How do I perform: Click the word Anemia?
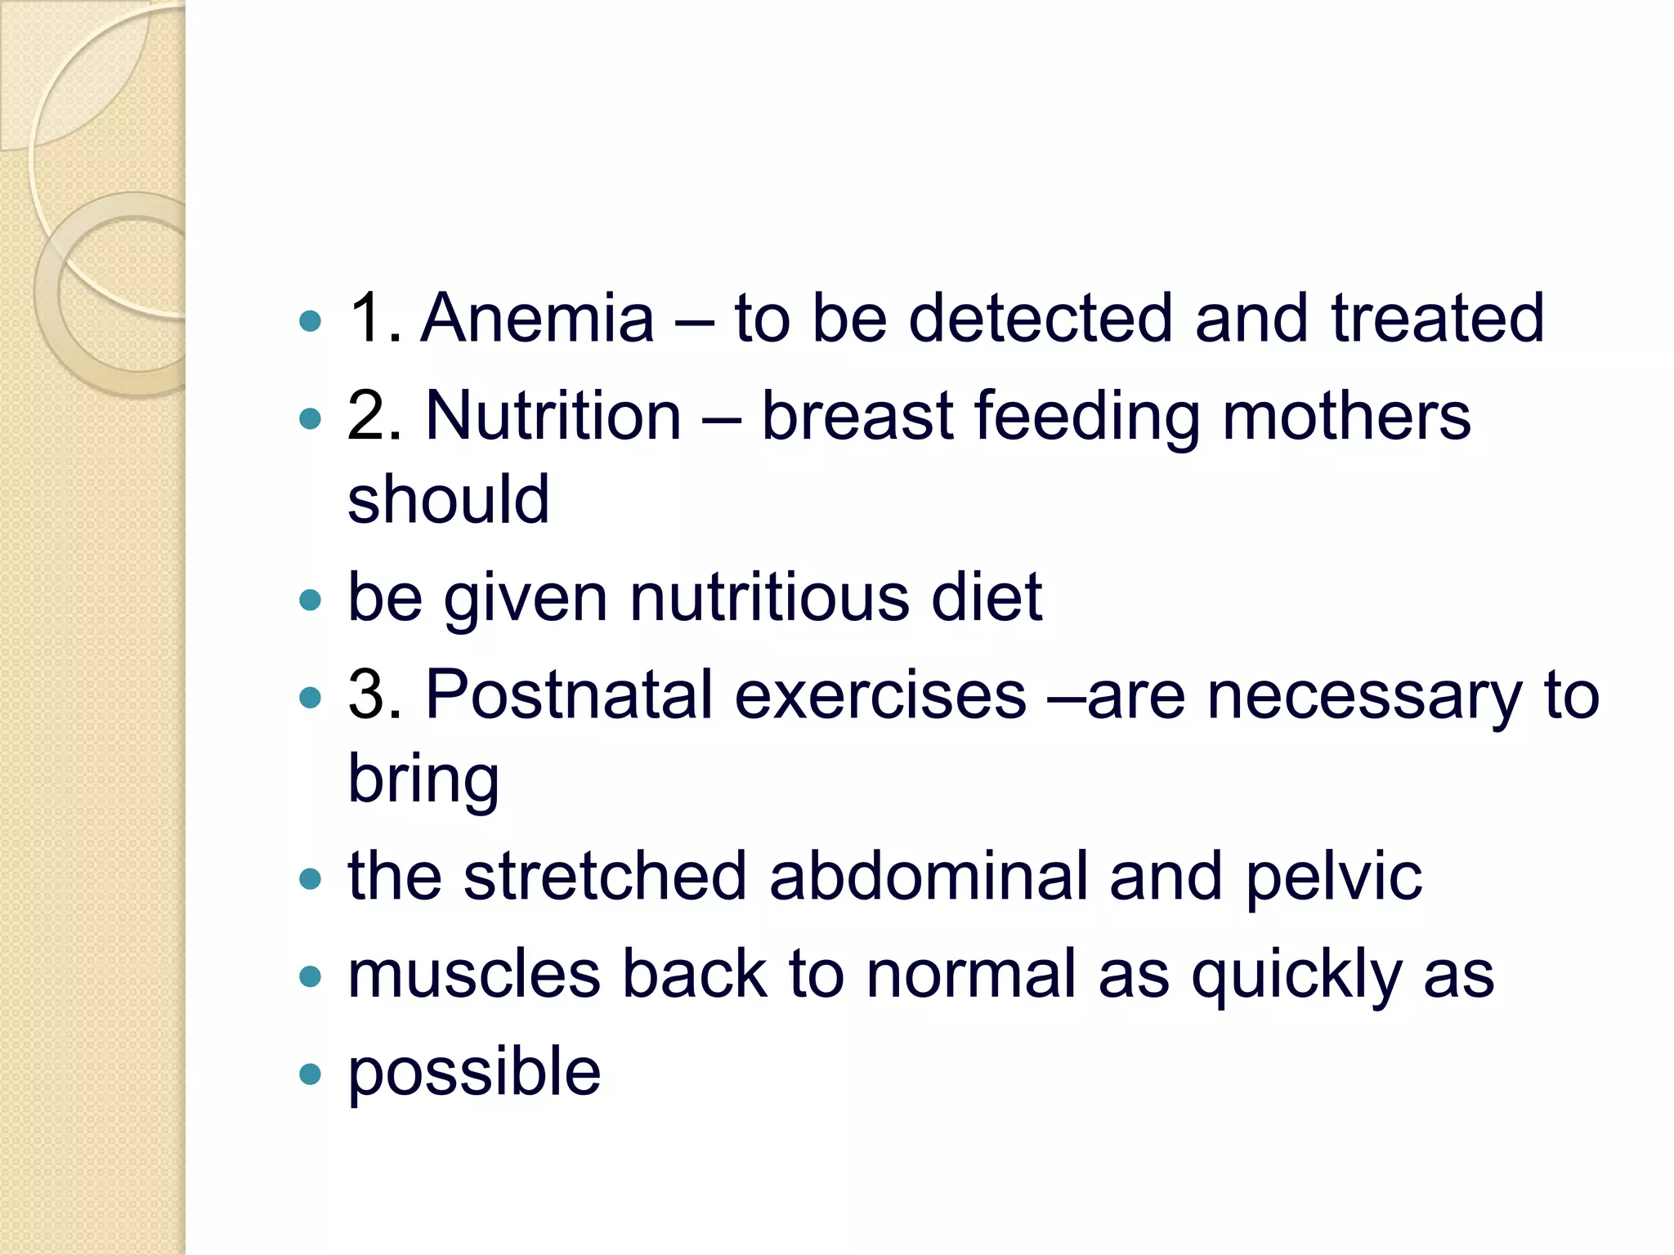click(537, 318)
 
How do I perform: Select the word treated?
click(1438, 318)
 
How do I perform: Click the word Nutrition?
click(553, 416)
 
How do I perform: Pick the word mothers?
click(1346, 416)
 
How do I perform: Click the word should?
click(448, 499)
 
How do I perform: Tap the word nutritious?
click(769, 597)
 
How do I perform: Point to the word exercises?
click(880, 695)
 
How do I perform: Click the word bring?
click(423, 781)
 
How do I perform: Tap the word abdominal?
click(929, 877)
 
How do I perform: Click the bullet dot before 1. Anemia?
click(311, 320)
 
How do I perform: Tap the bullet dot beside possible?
click(311, 1074)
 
